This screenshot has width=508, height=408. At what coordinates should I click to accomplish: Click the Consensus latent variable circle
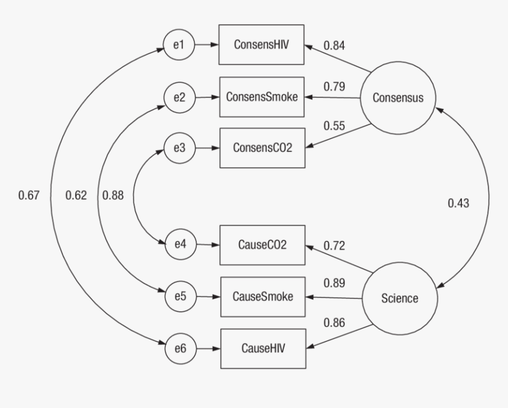click(398, 97)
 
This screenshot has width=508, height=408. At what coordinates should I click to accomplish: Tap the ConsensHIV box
click(261, 44)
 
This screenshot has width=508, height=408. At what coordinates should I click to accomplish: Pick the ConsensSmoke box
click(261, 96)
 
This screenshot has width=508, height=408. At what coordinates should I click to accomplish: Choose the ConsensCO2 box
click(261, 148)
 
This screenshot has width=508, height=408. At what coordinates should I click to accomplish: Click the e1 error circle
click(178, 45)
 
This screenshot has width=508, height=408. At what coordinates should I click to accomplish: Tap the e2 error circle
click(178, 97)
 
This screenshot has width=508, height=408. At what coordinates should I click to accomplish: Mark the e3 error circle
click(178, 148)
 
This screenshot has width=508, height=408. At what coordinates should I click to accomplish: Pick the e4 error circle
click(178, 245)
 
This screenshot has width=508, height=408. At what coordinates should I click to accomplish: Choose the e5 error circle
click(178, 296)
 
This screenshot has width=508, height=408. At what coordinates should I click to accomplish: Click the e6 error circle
click(178, 348)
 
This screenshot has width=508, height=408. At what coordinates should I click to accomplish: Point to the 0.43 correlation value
click(458, 203)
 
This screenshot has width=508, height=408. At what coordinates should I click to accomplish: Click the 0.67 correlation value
click(29, 196)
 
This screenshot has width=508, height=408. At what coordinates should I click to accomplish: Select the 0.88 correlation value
click(113, 196)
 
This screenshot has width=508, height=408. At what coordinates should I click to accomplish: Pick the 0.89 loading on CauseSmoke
click(334, 282)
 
